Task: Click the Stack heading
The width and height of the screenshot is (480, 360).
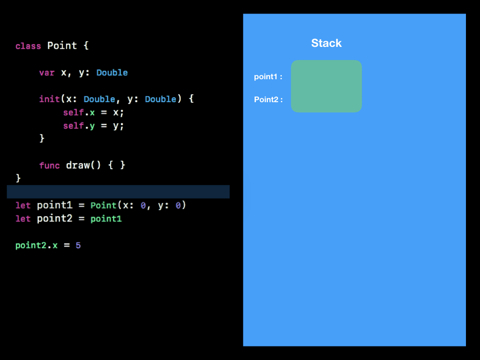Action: (326, 43)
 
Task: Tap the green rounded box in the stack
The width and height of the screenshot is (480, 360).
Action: (326, 86)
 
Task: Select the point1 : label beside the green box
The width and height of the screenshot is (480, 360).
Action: (268, 77)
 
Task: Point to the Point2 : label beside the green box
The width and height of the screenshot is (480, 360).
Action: (268, 99)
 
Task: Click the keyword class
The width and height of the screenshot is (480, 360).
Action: (28, 46)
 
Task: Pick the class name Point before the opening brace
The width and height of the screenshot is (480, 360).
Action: (62, 46)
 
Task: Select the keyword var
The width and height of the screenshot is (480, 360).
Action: (47, 73)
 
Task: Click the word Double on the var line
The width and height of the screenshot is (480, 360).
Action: (112, 73)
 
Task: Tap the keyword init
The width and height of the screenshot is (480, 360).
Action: (49, 99)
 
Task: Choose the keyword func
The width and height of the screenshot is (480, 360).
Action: (49, 165)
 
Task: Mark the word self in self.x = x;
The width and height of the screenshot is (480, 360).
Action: (73, 113)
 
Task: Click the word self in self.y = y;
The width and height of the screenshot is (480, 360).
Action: (73, 126)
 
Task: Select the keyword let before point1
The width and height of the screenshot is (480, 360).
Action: (23, 205)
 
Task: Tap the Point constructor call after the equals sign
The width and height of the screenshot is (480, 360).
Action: (103, 205)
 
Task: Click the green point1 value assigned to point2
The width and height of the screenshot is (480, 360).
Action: (106, 219)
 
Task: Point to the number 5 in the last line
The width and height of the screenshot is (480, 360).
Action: (78, 245)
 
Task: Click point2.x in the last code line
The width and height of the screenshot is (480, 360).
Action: (36, 245)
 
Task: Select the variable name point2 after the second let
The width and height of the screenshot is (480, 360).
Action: (54, 219)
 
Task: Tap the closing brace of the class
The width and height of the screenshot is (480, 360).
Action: (18, 178)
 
